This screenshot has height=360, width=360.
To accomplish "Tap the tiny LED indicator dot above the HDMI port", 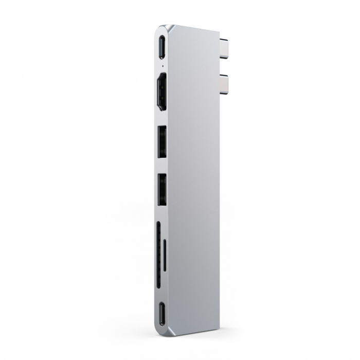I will pos(163,66).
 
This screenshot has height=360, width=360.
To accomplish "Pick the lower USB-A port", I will pos(162,190).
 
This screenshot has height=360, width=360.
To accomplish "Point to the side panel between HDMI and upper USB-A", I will pos(162,118).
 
